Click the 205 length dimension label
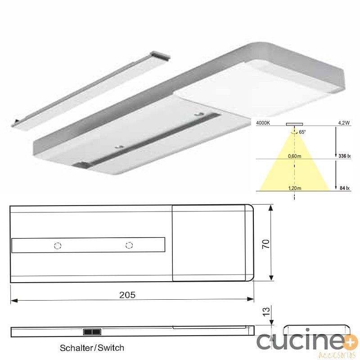[127, 295]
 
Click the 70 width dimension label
[266, 244]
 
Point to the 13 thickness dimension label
[266, 311]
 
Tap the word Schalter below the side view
[75, 348]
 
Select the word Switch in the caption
[111, 348]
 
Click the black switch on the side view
[92, 332]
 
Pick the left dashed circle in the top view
[58, 246]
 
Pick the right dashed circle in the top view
[129, 245]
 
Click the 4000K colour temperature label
[263, 123]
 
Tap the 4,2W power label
[344, 123]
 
